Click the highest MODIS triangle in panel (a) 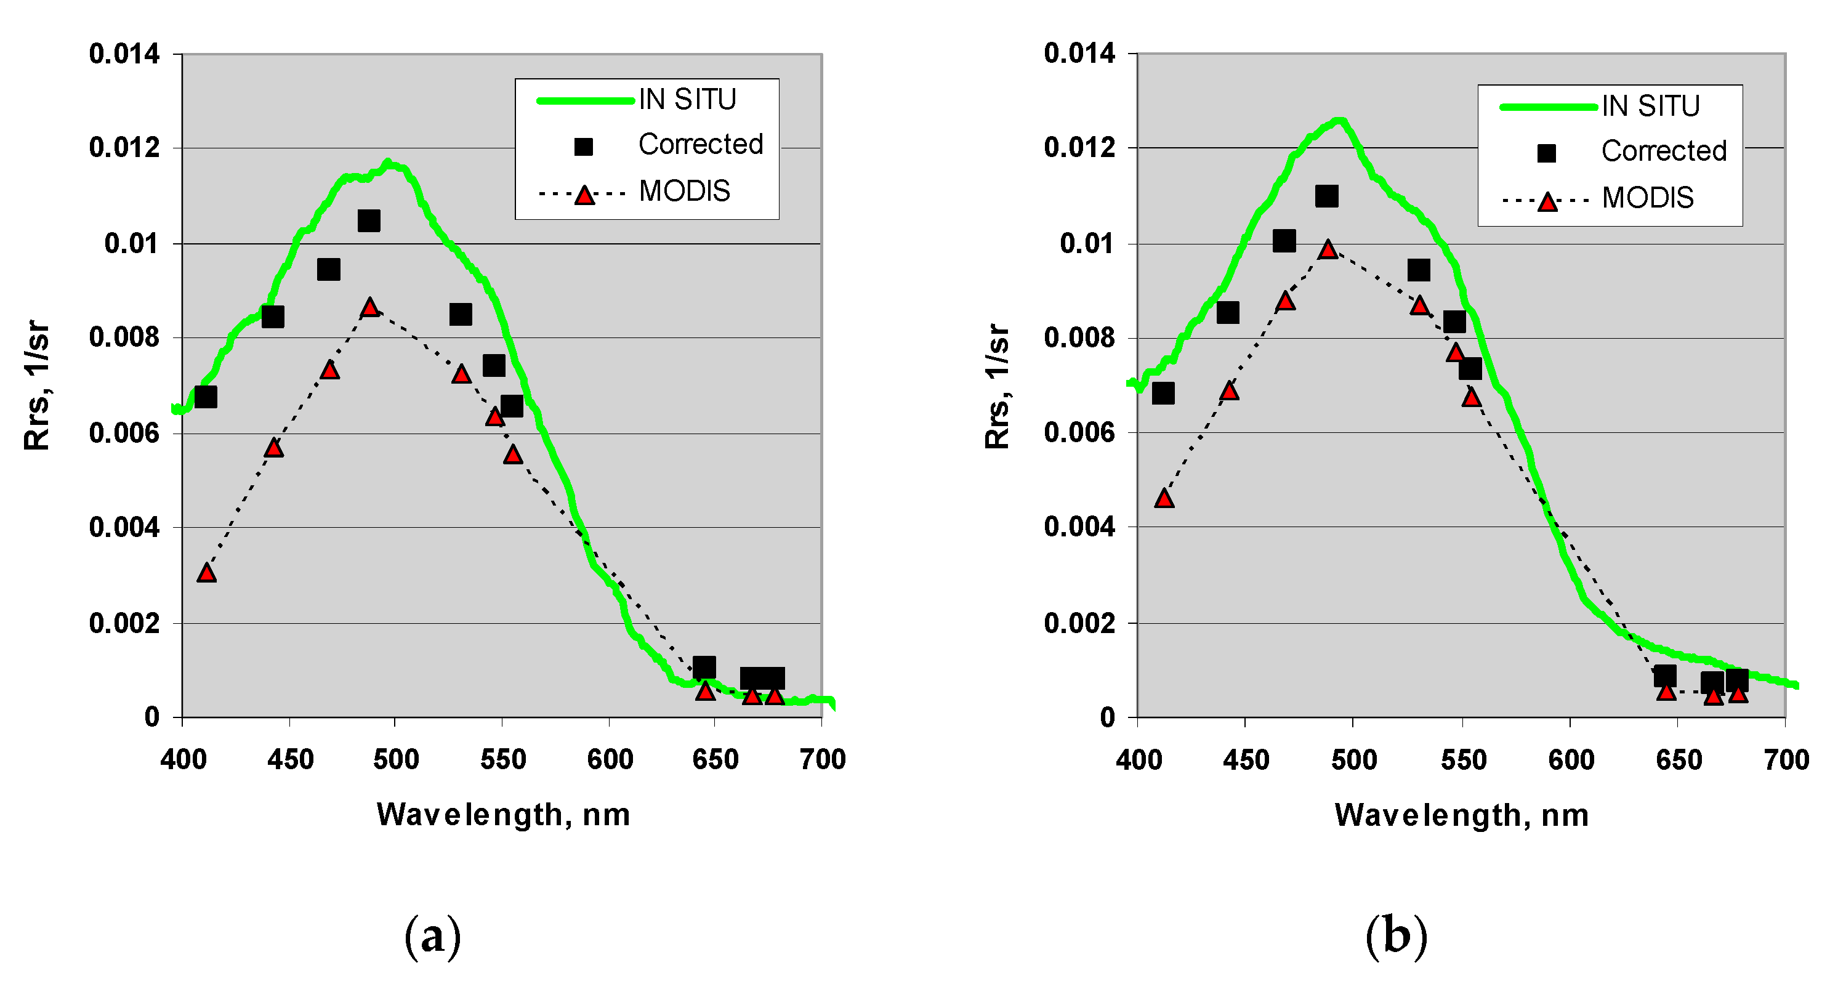click(x=369, y=307)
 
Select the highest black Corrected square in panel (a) click(x=368, y=221)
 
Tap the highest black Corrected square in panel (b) click(x=1326, y=196)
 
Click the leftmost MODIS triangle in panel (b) click(x=1164, y=499)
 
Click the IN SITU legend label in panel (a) click(x=687, y=99)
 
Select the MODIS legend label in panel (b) click(x=1647, y=198)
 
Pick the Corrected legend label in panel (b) click(x=1663, y=151)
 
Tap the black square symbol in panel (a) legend click(x=583, y=147)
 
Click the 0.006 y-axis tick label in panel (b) click(x=1078, y=432)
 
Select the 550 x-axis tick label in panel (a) click(x=502, y=760)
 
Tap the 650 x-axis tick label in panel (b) click(x=1679, y=760)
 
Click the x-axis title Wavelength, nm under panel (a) click(x=503, y=814)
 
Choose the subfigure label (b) click(x=1396, y=936)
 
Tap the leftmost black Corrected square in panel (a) click(x=205, y=397)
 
